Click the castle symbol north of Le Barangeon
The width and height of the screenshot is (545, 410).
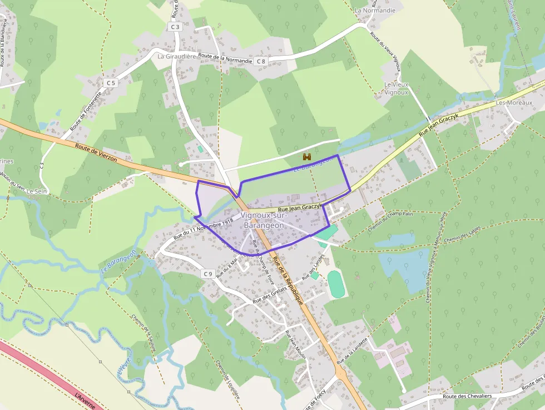click(x=306, y=157)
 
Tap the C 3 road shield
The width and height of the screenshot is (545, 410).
click(x=175, y=27)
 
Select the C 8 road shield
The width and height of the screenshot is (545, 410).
click(x=261, y=61)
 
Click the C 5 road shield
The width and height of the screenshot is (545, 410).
click(x=110, y=83)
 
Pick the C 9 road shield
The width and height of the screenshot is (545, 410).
click(x=207, y=274)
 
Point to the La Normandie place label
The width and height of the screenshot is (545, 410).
click(x=375, y=10)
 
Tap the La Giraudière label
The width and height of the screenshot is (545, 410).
click(x=177, y=56)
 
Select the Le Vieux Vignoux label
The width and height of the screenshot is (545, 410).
click(x=397, y=88)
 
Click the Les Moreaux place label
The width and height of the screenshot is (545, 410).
click(x=514, y=102)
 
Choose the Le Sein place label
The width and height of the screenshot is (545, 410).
click(x=37, y=191)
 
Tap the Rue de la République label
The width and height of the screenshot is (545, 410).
click(x=289, y=282)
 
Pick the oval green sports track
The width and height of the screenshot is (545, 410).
click(x=335, y=284)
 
